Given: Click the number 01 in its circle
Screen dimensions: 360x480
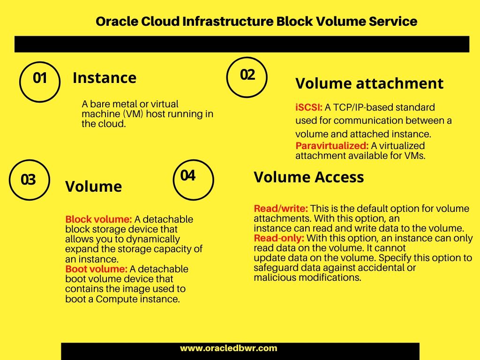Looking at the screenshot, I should pyautogui.click(x=40, y=78).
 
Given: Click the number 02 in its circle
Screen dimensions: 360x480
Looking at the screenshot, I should pyautogui.click(x=247, y=75).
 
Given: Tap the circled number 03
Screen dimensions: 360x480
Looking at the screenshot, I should pyautogui.click(x=28, y=180).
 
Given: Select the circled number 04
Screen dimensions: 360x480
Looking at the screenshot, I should pyautogui.click(x=187, y=176).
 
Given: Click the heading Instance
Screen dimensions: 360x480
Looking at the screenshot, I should pyautogui.click(x=105, y=78).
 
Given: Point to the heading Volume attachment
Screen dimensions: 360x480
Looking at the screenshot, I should pyautogui.click(x=369, y=83).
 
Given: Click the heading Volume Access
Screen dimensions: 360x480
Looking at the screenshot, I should pyautogui.click(x=309, y=177).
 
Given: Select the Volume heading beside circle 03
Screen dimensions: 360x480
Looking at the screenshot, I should pyautogui.click(x=93, y=187).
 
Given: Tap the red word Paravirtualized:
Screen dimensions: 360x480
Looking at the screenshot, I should pyautogui.click(x=332, y=146).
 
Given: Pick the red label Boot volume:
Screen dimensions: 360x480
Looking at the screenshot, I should pyautogui.click(x=96, y=269).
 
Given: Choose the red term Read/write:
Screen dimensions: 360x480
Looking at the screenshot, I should pyautogui.click(x=281, y=209).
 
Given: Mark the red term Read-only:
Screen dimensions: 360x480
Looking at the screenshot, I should pyautogui.click(x=279, y=238).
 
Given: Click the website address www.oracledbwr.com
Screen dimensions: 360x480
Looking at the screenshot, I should pyautogui.click(x=228, y=348).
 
